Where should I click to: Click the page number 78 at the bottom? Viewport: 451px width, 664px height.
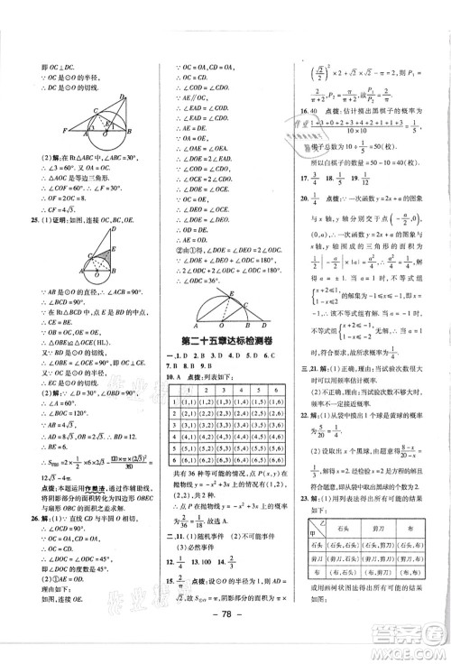point(224,646)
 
